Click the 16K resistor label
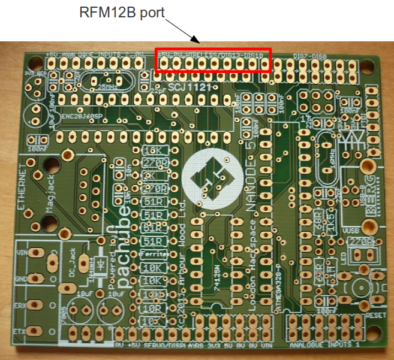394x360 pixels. [154, 150]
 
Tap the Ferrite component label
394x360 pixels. [154, 255]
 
